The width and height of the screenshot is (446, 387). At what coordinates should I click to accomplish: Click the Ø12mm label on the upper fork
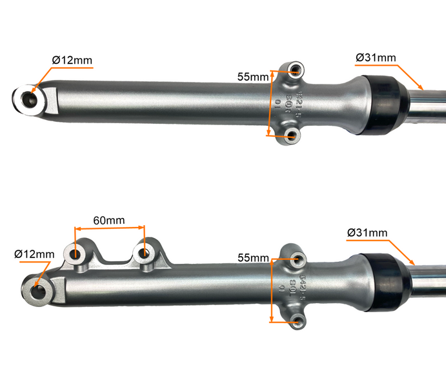[72, 60]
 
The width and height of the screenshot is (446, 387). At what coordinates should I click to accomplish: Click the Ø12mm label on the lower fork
[34, 253]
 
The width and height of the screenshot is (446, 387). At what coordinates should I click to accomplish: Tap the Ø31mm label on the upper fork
[376, 58]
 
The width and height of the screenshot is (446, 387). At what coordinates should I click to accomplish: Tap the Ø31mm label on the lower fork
[367, 232]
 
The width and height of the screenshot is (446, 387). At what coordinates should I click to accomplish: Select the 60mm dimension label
[109, 220]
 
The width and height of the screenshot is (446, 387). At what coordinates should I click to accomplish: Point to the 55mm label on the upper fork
[252, 77]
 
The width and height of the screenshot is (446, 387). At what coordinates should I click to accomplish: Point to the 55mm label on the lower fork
[252, 257]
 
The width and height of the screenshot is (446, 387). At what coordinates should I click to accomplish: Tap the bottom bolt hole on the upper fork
[292, 135]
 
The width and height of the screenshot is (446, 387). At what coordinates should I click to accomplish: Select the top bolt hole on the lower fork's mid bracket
[296, 259]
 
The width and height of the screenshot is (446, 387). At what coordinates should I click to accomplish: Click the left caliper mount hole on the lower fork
[77, 253]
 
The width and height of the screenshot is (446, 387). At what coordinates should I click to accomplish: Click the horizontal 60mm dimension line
[109, 228]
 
